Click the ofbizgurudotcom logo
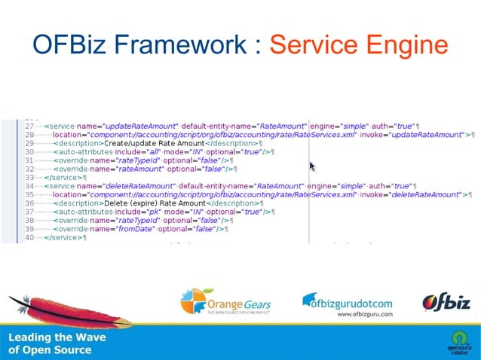[347, 301]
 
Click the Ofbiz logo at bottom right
[446, 302]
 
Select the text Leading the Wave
[57, 337]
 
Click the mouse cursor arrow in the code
[312, 166]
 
